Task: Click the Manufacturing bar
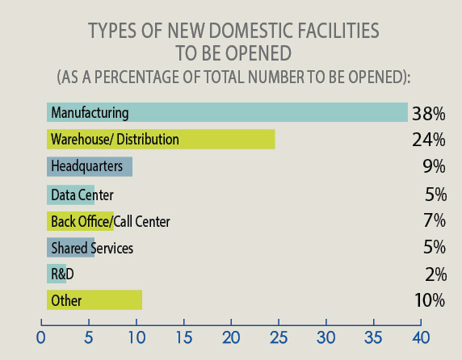227,112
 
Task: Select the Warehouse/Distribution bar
161,140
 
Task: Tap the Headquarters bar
90,166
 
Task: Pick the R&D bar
57,274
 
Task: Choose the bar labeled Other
94,300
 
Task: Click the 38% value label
428,113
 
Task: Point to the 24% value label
428,140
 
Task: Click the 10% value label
428,300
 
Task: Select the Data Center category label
82,195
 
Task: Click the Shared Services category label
91,248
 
